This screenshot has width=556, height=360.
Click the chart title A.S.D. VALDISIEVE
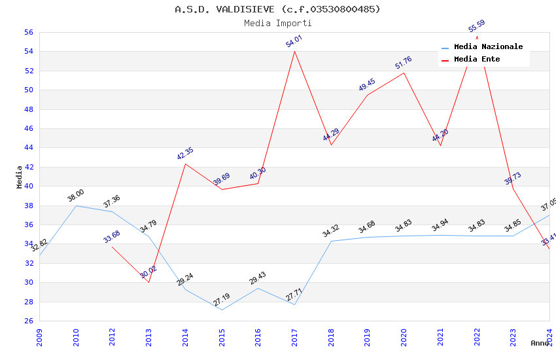pos(277,9)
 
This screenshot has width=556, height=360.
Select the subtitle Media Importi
pos(277,24)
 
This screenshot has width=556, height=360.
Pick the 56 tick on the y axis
pos(28,32)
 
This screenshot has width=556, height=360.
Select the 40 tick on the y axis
pos(28,186)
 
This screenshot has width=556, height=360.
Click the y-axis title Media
pos(19,177)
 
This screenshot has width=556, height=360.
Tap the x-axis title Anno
pos(540,343)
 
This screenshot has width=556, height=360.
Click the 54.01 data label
pos(294,41)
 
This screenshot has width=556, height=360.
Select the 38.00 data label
pos(76,196)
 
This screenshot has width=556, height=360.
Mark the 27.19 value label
pos(222,300)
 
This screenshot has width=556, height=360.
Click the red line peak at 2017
pos(294,51)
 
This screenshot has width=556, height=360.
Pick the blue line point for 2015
pos(222,310)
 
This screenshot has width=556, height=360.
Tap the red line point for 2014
pos(185,164)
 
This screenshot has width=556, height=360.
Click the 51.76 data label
pos(404,63)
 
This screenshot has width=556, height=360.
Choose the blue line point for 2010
pos(76,206)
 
